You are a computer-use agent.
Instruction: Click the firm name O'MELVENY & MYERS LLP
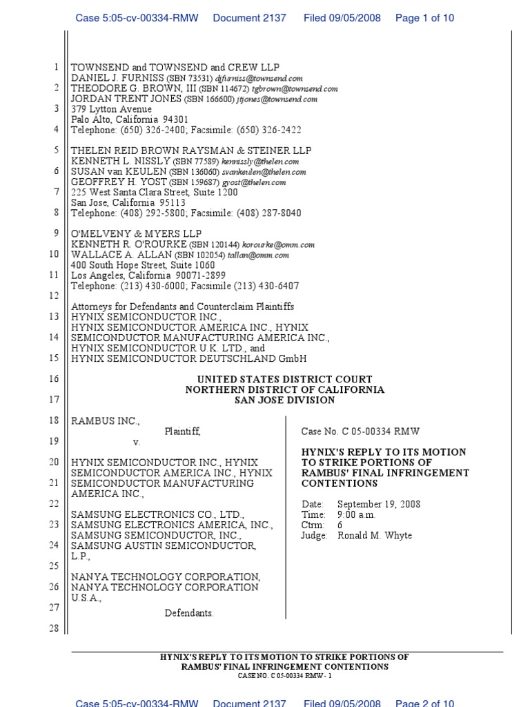coord(137,234)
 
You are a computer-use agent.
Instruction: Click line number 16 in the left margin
coord(55,379)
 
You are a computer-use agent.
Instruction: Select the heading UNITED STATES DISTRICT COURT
coord(284,379)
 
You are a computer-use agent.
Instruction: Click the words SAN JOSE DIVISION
coord(284,400)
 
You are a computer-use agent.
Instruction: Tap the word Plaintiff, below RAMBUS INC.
coord(182,432)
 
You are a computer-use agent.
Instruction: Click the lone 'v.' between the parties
coord(136,442)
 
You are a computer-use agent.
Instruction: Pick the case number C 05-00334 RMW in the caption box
coord(360,432)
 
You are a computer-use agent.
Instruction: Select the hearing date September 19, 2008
coord(379,505)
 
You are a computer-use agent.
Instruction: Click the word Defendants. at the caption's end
coord(189,612)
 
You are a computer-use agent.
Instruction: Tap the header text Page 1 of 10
coord(424,18)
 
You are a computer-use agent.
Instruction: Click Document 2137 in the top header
coord(249,18)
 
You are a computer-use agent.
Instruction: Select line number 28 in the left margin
coord(55,628)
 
